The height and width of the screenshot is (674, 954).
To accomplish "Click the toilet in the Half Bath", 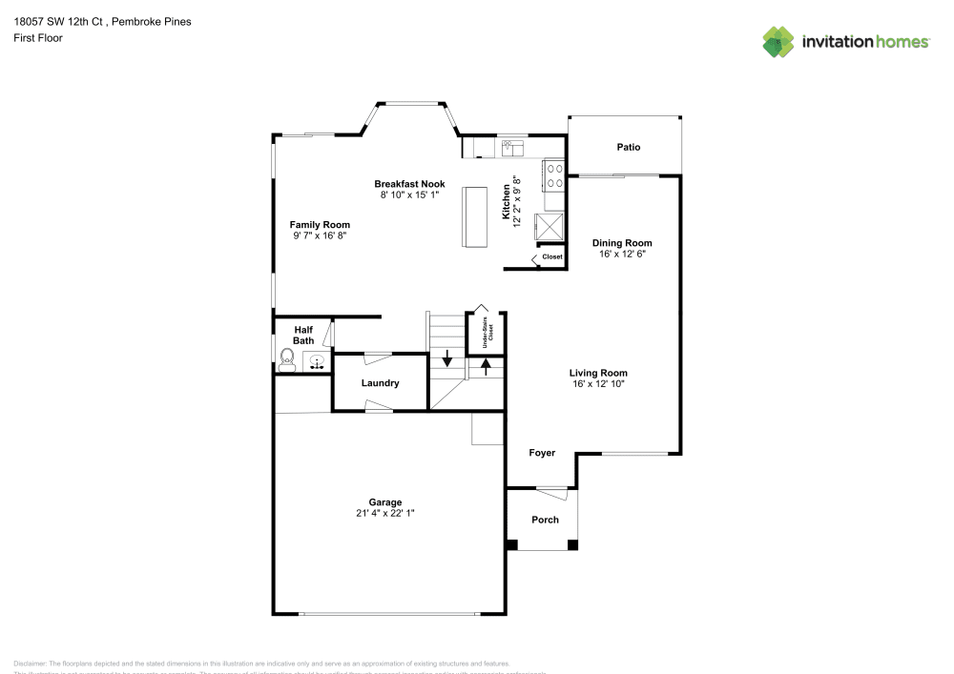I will [x=286, y=359].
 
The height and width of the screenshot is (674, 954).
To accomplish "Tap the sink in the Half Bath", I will [x=317, y=361].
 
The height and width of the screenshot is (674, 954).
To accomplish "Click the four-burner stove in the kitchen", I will [x=553, y=176].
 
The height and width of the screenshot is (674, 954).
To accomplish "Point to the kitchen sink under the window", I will [x=513, y=148].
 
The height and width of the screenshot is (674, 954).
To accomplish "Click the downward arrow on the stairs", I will [x=446, y=361].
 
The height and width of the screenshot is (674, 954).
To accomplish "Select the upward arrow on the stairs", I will [x=486, y=365].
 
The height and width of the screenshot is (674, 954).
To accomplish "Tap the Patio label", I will [x=628, y=147].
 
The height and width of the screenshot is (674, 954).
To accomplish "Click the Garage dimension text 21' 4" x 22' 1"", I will [x=385, y=513].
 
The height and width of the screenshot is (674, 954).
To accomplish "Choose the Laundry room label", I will [x=380, y=383].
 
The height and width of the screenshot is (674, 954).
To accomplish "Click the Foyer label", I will [x=542, y=453].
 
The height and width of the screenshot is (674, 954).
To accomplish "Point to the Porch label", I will [x=545, y=520].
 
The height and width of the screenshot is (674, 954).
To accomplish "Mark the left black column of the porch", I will [x=511, y=544].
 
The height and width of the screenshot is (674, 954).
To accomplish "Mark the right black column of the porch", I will [x=572, y=544].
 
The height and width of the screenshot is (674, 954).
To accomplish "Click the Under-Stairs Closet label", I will [x=486, y=336].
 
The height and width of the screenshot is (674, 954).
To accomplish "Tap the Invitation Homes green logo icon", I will [x=778, y=41].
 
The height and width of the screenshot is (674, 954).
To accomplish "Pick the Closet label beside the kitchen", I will [x=551, y=257].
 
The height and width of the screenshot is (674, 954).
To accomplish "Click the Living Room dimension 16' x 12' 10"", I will [x=598, y=383].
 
